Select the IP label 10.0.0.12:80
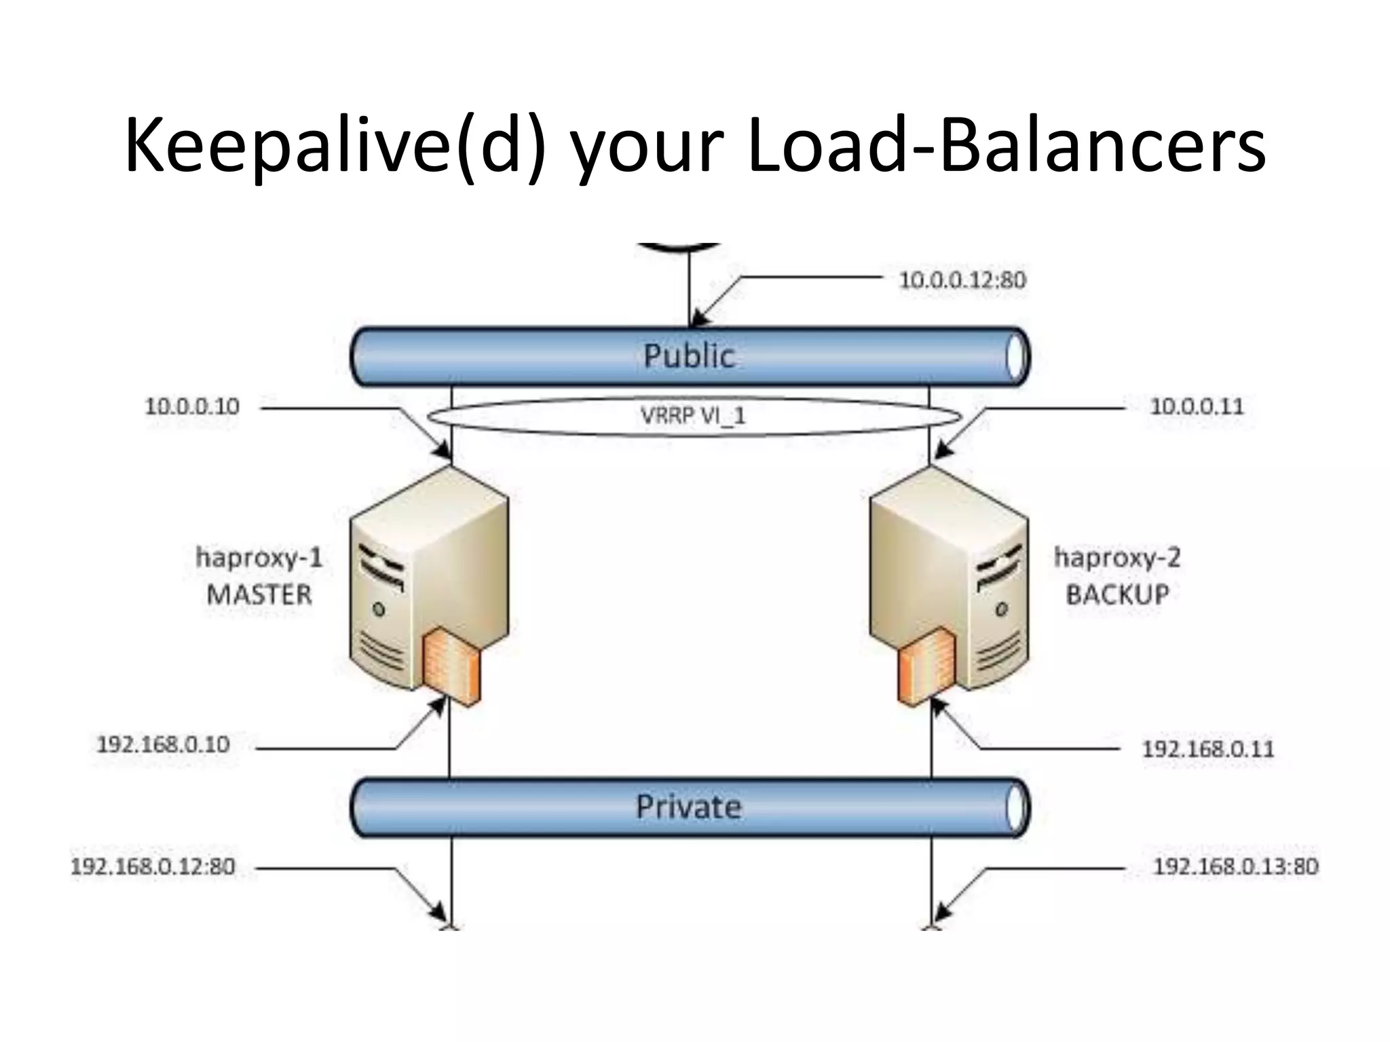(x=962, y=279)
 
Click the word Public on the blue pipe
(x=688, y=356)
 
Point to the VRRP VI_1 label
(x=693, y=415)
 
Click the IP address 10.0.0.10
(x=192, y=406)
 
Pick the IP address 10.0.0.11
(x=1197, y=406)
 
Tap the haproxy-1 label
(x=259, y=558)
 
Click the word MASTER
(x=259, y=595)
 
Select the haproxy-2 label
(x=1117, y=558)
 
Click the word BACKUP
(x=1117, y=595)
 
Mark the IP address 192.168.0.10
(x=164, y=744)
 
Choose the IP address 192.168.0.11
(x=1208, y=749)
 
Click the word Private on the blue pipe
(x=688, y=807)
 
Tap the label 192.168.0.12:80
(x=153, y=866)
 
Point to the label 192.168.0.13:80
(x=1236, y=866)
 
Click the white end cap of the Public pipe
(x=1015, y=357)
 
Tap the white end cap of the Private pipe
(x=1015, y=807)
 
